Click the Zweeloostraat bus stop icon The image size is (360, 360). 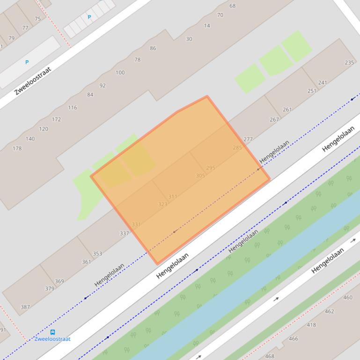pos(52,332)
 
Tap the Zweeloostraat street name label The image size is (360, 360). pos(33,81)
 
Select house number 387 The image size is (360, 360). pos(25,307)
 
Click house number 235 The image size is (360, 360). pos(349,63)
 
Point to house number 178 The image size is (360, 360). pos(17,149)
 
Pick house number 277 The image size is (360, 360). pos(248,139)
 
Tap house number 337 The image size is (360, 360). pos(124,233)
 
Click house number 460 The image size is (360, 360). pos(348,297)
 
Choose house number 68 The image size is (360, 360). pos(233,6)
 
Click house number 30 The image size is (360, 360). pos(189,39)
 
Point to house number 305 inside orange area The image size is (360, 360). pos(200,176)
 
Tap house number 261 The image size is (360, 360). pos(287,110)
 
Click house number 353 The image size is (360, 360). pos(97,254)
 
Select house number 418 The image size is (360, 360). pos(311,325)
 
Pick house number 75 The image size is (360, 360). pos(37,19)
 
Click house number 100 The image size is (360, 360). pos(120,72)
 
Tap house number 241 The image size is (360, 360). pos(323,83)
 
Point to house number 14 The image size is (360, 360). pos(207,26)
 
